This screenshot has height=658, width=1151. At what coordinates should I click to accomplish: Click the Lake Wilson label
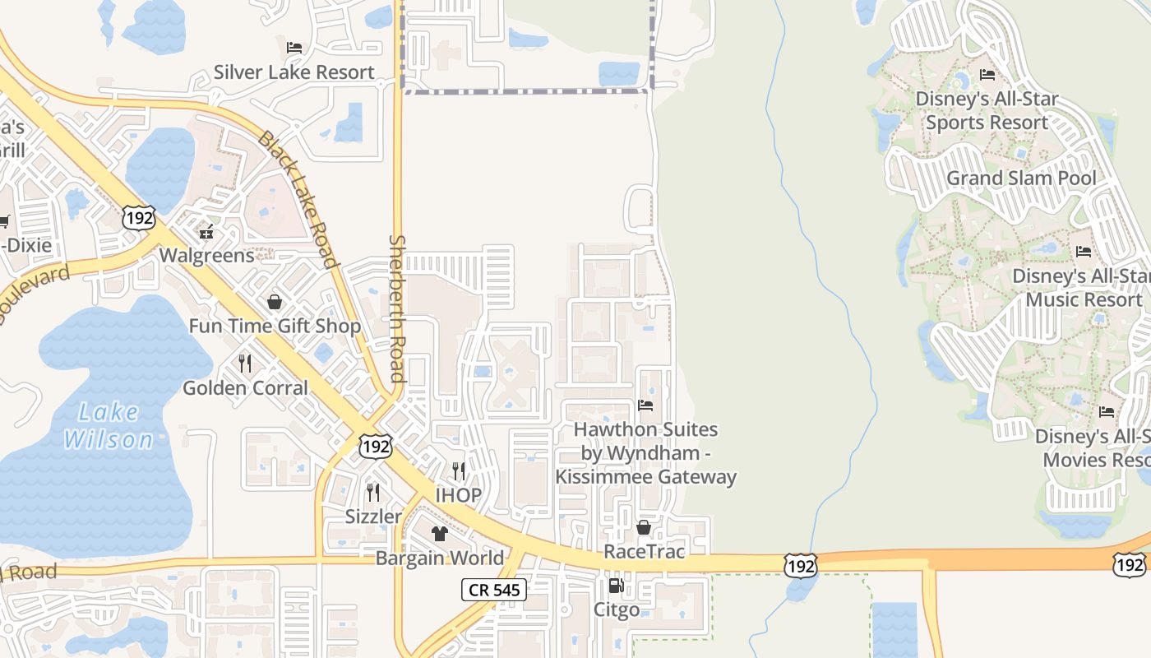point(109,426)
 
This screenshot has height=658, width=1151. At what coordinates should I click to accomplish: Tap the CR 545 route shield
point(493,589)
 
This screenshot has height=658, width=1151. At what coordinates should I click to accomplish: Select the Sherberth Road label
point(398,308)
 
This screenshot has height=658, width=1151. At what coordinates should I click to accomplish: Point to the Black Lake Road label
point(298,199)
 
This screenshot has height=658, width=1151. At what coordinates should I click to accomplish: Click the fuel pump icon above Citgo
point(615,586)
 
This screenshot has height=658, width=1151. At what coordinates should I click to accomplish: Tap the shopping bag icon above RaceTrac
point(644,527)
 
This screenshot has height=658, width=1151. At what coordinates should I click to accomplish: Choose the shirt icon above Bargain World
point(440,534)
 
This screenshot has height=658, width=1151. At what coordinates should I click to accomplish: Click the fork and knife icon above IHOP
point(459,471)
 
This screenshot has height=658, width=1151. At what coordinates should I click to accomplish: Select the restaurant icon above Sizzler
point(373,493)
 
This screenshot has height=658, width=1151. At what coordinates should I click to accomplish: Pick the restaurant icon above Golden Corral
point(245,363)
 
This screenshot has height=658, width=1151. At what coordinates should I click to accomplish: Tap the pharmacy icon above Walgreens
point(206,231)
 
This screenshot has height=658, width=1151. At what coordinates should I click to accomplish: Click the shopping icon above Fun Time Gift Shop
point(275,302)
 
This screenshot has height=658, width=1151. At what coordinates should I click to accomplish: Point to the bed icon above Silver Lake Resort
point(294,48)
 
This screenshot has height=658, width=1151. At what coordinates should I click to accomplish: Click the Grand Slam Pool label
point(1021,178)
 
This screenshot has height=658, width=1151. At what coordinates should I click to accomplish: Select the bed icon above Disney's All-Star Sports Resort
point(987,75)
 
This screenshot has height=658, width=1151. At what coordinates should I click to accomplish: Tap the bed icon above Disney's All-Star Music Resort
point(1084,252)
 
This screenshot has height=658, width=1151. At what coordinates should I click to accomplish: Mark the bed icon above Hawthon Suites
point(645,405)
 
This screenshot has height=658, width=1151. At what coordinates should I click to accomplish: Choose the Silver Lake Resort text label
point(294,72)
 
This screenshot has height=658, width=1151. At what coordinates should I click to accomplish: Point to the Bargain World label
point(440,558)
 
